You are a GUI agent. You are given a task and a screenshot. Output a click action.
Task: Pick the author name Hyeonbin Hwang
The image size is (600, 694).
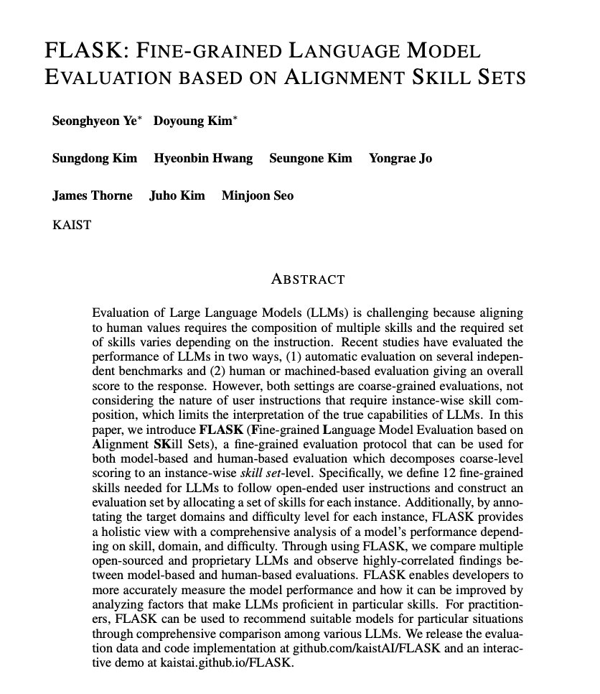coord(203,158)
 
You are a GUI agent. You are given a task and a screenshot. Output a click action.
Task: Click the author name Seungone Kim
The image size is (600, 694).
coord(310,158)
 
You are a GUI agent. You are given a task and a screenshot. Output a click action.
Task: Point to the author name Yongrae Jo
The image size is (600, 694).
coord(400,158)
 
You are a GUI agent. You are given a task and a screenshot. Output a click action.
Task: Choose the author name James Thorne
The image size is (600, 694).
coord(92,195)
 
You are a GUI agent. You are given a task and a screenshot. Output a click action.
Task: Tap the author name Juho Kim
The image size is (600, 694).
coord(177,195)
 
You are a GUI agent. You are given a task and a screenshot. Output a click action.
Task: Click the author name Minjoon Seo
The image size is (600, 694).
coord(257,195)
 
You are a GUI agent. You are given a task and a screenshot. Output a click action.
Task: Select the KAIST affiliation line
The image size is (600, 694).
coord(72,224)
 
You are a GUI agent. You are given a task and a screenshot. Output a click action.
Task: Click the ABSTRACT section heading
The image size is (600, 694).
coord(307,279)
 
